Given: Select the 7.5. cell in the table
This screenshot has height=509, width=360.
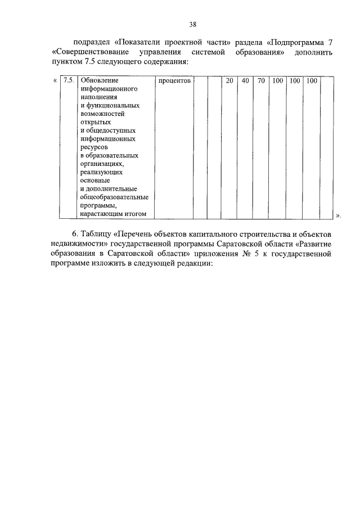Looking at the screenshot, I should tap(69, 81).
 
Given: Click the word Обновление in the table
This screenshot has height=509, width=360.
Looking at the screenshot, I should tap(100, 81).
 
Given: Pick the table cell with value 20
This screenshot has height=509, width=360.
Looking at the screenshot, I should tap(229, 81).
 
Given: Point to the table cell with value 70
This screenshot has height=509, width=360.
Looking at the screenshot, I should tap(261, 81).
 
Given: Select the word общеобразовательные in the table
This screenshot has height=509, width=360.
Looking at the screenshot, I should tap(114, 197).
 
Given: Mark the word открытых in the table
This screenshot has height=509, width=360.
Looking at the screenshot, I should tap(96, 122).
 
